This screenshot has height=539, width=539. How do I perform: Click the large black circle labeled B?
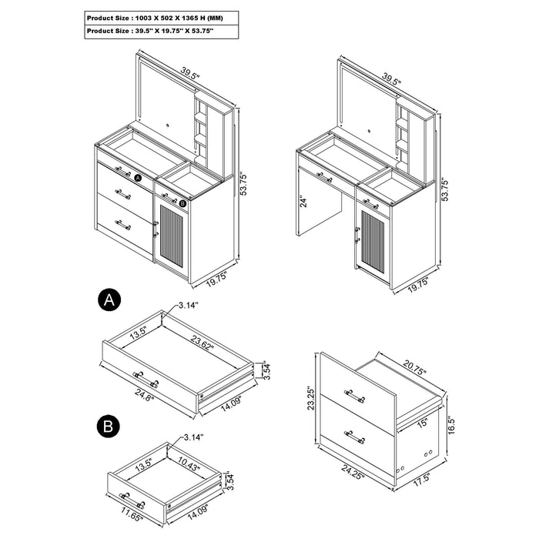click(x=109, y=426)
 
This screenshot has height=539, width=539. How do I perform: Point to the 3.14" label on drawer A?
click(x=187, y=306)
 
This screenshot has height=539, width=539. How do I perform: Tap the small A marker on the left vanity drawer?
click(x=139, y=177)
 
